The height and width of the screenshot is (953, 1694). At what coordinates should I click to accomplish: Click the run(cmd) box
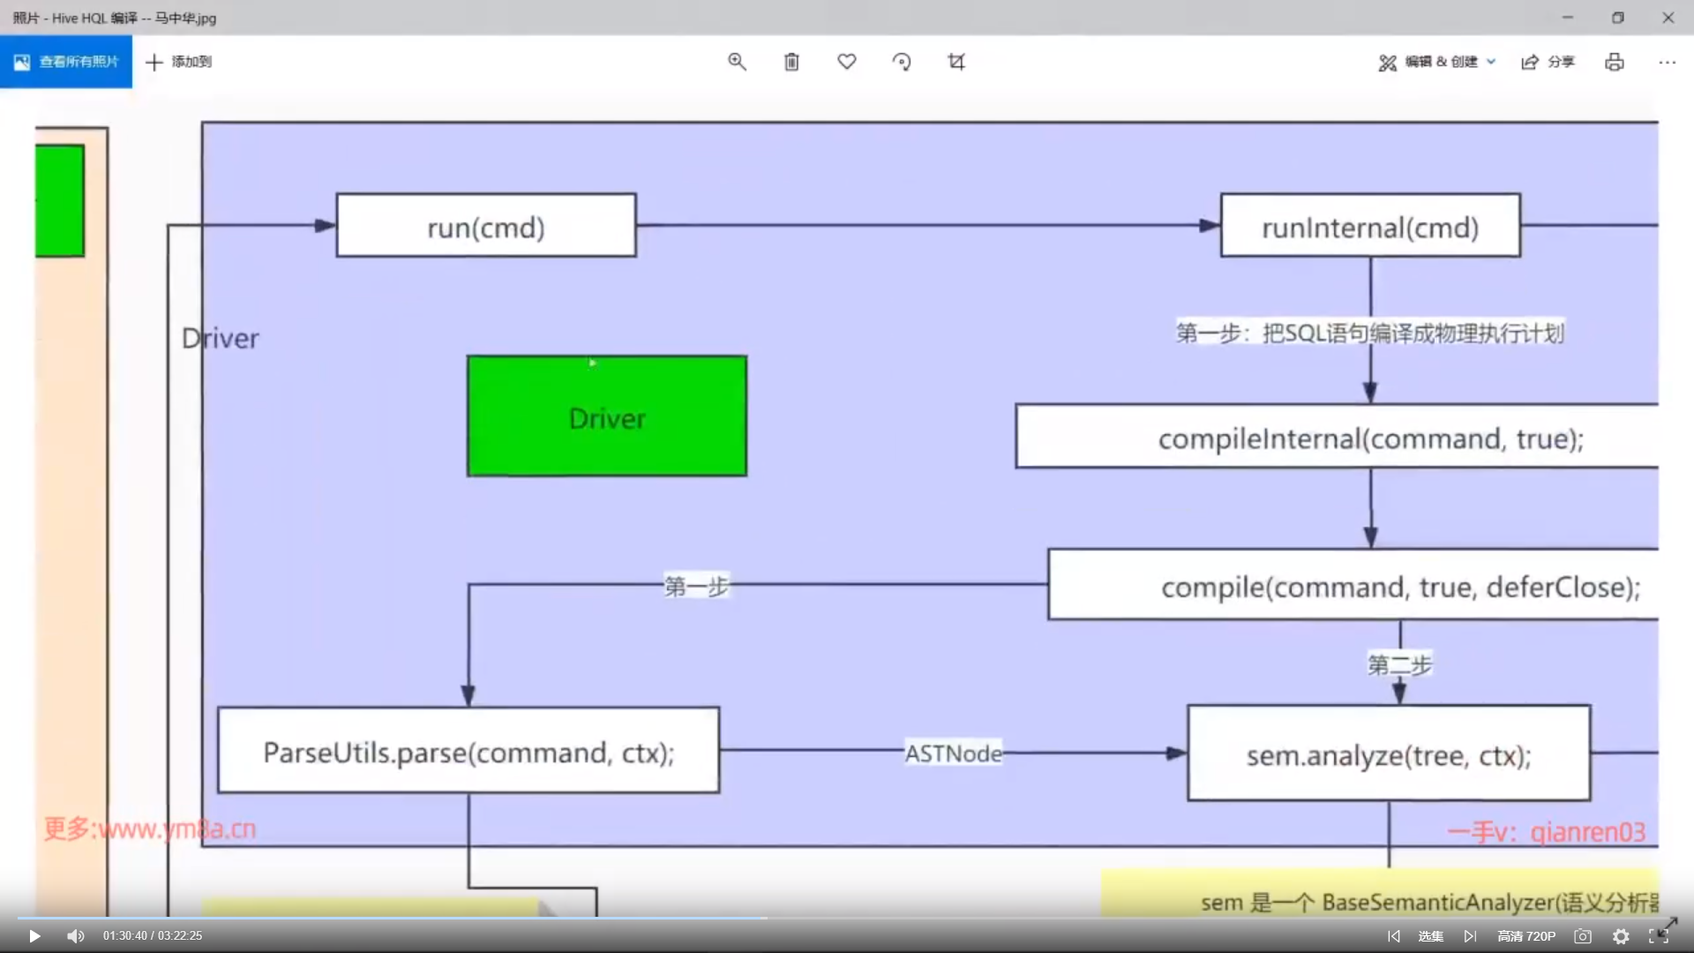coord(486,226)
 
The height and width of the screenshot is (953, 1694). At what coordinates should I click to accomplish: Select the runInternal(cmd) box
coord(1370,226)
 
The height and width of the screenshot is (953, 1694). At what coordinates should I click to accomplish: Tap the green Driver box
coord(607,416)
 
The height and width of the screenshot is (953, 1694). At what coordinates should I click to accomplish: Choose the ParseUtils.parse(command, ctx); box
coord(468,751)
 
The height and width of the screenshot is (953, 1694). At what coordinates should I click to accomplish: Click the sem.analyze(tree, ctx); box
coord(1389,754)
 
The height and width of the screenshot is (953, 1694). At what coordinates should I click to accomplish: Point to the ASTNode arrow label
coord(954,754)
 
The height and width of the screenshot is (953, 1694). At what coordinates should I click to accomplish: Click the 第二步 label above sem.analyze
coord(1400,664)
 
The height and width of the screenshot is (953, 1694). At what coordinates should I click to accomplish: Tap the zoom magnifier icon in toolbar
coord(737,62)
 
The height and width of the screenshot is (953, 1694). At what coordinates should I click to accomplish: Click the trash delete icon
coord(791,62)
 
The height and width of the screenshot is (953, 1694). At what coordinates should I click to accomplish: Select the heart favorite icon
coord(847,62)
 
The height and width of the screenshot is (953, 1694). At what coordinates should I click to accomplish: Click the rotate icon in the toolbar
coord(902,62)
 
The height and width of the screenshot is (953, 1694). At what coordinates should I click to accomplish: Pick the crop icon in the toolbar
coord(956,62)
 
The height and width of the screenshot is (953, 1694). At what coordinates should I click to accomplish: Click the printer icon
coord(1615,62)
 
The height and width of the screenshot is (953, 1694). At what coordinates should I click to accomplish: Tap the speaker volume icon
coord(76,936)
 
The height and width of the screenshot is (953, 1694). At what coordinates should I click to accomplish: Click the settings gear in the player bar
coord(1621,936)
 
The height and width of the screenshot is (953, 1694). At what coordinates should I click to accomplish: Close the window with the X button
coord(1668,18)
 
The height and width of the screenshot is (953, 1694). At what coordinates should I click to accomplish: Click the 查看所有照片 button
coord(66,62)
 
